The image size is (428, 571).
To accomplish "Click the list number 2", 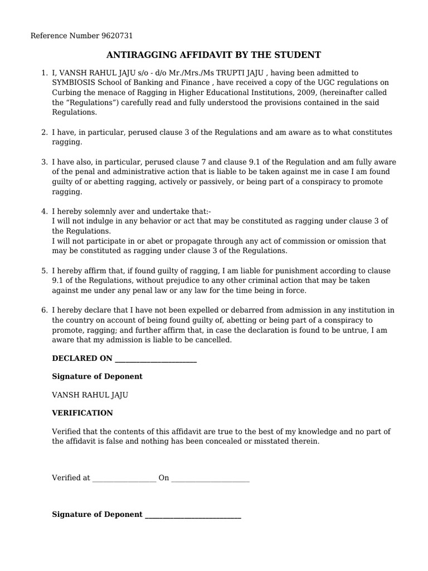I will point(44,132).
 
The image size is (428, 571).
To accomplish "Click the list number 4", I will point(44,211).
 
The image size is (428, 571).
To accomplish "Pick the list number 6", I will point(44,310).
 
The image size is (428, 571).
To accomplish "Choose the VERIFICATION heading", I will point(82,413).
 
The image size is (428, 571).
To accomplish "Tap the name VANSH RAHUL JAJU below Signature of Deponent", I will point(90,395).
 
